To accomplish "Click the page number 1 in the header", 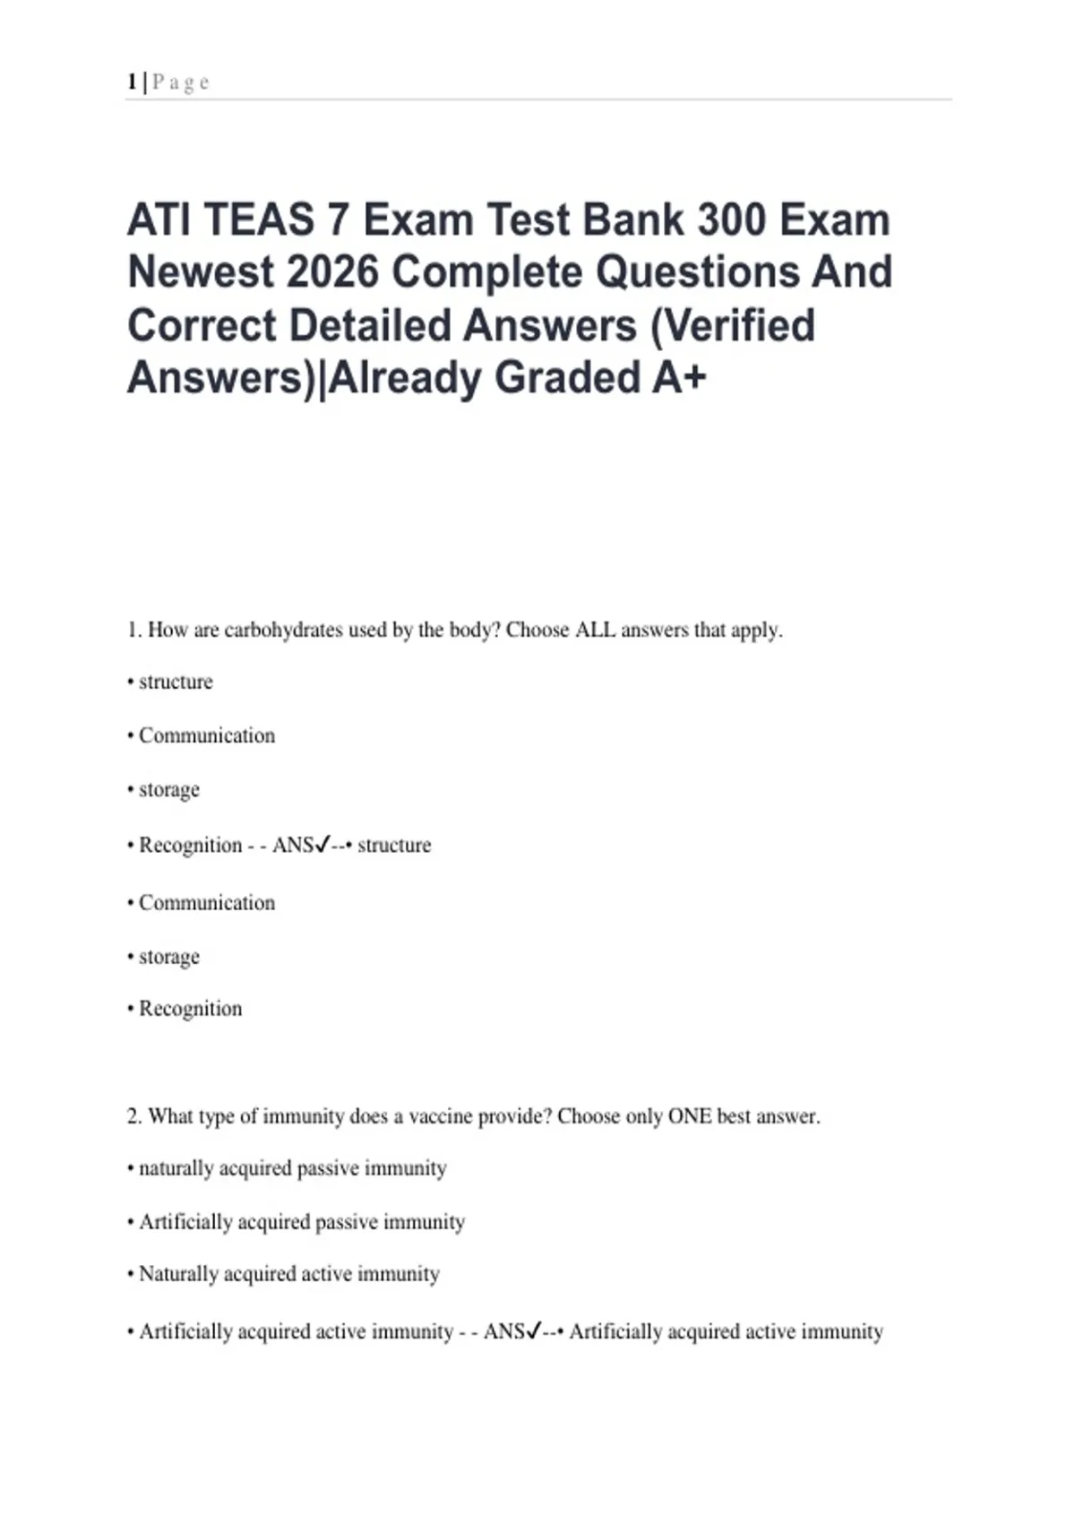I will point(132,82).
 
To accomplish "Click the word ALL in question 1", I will point(595,630).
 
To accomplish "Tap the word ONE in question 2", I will point(690,1116).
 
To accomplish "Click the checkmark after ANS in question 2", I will point(534,1330).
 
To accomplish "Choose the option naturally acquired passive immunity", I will point(292,1168).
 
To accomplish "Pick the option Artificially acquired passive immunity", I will point(302,1222).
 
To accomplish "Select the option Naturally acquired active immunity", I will point(288,1274).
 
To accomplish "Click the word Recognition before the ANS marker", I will point(190,845).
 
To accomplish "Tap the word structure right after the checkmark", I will point(394,845).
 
